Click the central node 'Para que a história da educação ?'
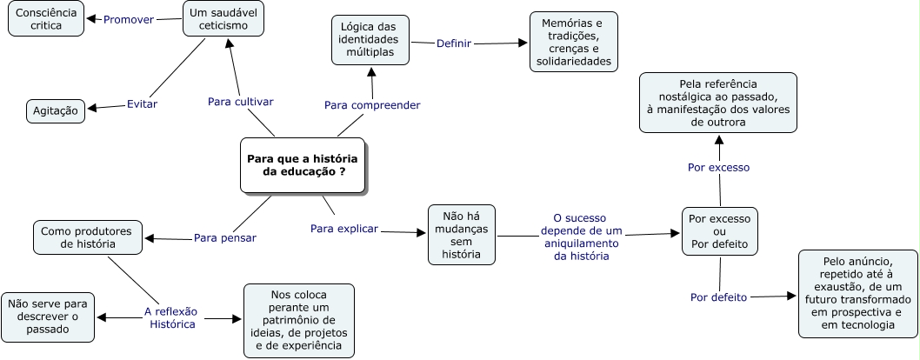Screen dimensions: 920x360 click(303, 165)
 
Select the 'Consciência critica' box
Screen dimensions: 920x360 click(46, 19)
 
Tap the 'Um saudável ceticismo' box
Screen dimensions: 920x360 click(223, 19)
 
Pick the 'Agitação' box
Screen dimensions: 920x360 click(56, 111)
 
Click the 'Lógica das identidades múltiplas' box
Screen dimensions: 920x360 click(370, 40)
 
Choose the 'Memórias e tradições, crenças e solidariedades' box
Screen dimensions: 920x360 click(573, 42)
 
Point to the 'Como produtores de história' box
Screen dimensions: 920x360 click(88, 237)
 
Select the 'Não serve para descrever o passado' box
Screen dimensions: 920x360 click(48, 317)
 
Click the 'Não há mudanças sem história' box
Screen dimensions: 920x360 click(462, 235)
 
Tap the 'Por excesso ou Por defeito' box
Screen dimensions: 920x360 click(719, 231)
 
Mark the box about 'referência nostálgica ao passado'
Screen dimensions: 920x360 click(718, 103)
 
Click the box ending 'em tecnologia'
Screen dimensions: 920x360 click(857, 294)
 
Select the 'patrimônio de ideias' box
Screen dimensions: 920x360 click(299, 321)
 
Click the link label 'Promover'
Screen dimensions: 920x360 click(129, 19)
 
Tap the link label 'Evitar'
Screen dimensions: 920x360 click(142, 104)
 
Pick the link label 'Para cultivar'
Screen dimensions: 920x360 click(241, 102)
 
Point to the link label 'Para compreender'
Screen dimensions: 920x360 click(372, 105)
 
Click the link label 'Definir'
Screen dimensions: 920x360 click(454, 43)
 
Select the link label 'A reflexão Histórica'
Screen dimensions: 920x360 click(171, 317)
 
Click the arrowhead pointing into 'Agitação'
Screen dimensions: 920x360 click(91, 109)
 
